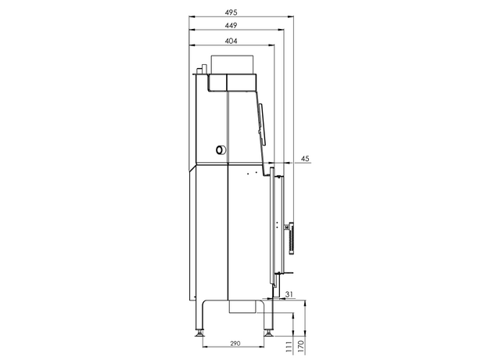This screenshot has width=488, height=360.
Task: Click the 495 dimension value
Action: click(x=231, y=13)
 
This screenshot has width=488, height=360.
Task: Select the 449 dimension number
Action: click(x=231, y=26)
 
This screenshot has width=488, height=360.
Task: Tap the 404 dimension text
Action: click(x=231, y=41)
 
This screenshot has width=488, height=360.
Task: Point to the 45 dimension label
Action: click(x=305, y=159)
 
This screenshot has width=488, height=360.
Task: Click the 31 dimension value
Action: click(x=289, y=294)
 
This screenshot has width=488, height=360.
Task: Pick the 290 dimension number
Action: click(x=235, y=344)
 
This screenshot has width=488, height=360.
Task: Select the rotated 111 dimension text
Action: click(x=289, y=347)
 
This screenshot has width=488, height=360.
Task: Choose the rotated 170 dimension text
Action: click(x=300, y=347)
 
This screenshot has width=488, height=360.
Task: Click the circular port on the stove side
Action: click(x=221, y=150)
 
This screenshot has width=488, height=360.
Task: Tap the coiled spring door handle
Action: click(x=291, y=238)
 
